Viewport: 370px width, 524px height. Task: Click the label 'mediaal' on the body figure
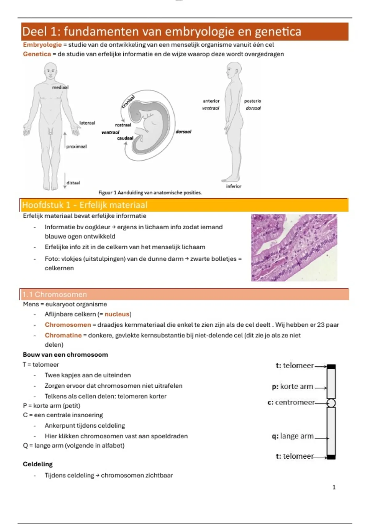tap(60, 88)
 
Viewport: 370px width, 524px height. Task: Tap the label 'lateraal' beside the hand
tap(87, 123)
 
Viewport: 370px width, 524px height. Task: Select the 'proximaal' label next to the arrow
tap(76, 147)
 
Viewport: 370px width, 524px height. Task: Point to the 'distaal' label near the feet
tap(73, 183)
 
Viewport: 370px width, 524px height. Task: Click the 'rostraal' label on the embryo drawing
tap(123, 125)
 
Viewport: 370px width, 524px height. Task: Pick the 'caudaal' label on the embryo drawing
tap(125, 138)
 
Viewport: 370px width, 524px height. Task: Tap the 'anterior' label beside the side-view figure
tap(211, 101)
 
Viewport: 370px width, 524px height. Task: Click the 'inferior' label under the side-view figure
tap(233, 186)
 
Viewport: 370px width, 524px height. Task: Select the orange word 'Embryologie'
tap(42, 45)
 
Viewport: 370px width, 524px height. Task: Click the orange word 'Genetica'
tap(37, 54)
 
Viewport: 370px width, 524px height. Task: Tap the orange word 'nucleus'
tap(117, 314)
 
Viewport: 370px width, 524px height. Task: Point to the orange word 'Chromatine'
tap(63, 335)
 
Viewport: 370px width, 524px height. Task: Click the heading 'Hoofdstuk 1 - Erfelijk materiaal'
tap(85, 205)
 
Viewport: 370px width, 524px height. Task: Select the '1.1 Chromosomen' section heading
tap(55, 294)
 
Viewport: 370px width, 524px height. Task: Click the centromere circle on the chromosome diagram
tap(331, 403)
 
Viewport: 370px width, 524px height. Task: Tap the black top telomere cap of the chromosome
tap(331, 367)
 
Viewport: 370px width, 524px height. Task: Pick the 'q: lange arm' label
tap(293, 436)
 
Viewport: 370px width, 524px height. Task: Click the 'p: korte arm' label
tap(293, 387)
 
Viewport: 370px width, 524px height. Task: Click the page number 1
tap(334, 487)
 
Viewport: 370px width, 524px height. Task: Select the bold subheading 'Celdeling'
tap(38, 464)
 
